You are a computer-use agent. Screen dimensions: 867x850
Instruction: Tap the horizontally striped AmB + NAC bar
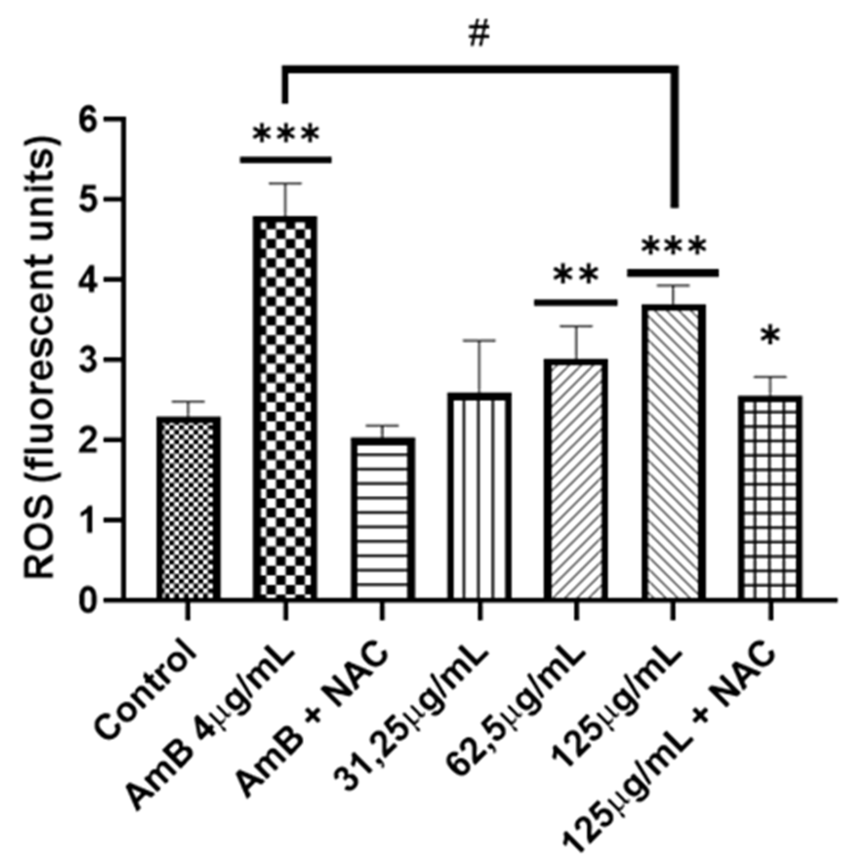(383, 519)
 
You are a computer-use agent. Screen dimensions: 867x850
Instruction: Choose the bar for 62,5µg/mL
(576, 480)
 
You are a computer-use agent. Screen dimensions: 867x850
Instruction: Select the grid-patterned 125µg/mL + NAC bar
(771, 498)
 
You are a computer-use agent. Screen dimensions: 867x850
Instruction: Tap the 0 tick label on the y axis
(91, 600)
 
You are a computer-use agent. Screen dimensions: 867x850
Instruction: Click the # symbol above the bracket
(479, 35)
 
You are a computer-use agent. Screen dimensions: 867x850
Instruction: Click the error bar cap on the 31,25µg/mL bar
(480, 341)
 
